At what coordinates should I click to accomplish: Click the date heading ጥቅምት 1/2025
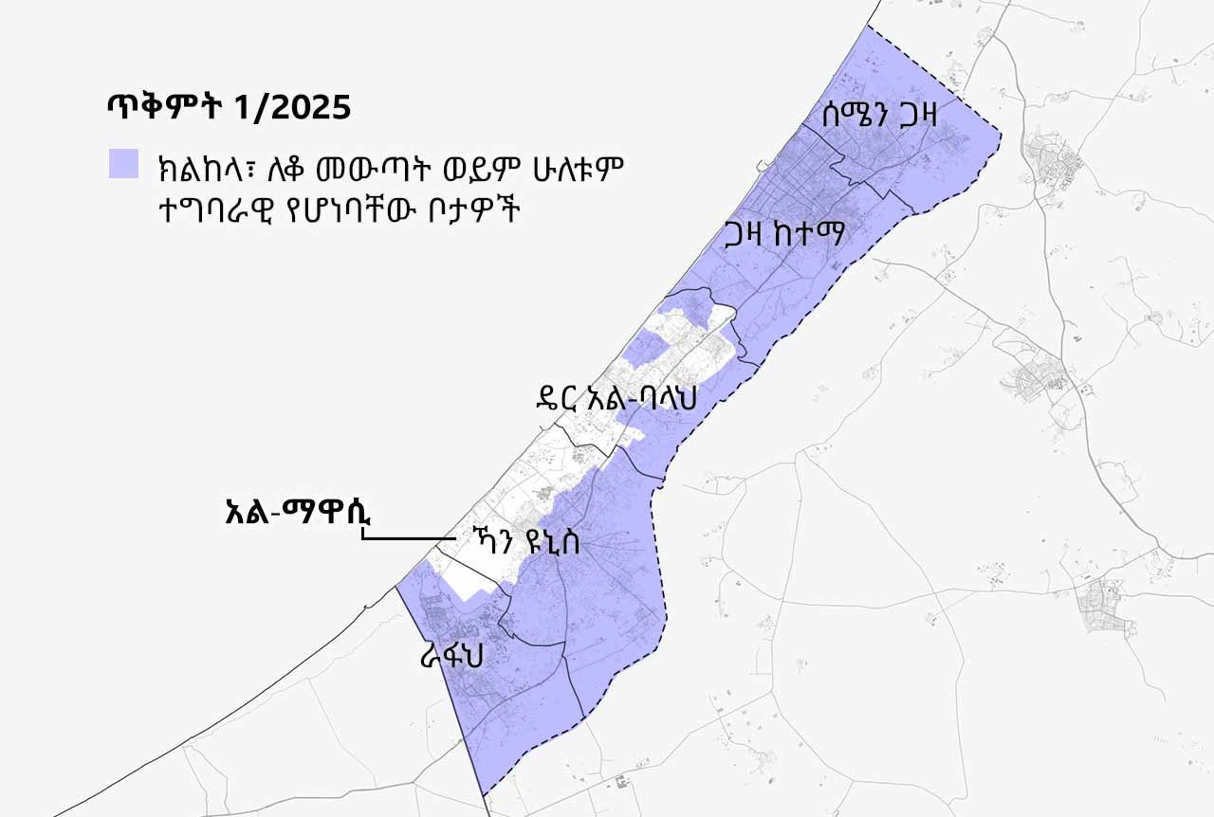[x=229, y=107]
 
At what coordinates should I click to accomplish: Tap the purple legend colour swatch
[x=124, y=164]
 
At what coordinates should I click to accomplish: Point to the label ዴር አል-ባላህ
[x=616, y=398]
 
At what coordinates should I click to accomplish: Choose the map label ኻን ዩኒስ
[x=530, y=543]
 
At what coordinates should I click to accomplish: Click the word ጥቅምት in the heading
[x=167, y=107]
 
